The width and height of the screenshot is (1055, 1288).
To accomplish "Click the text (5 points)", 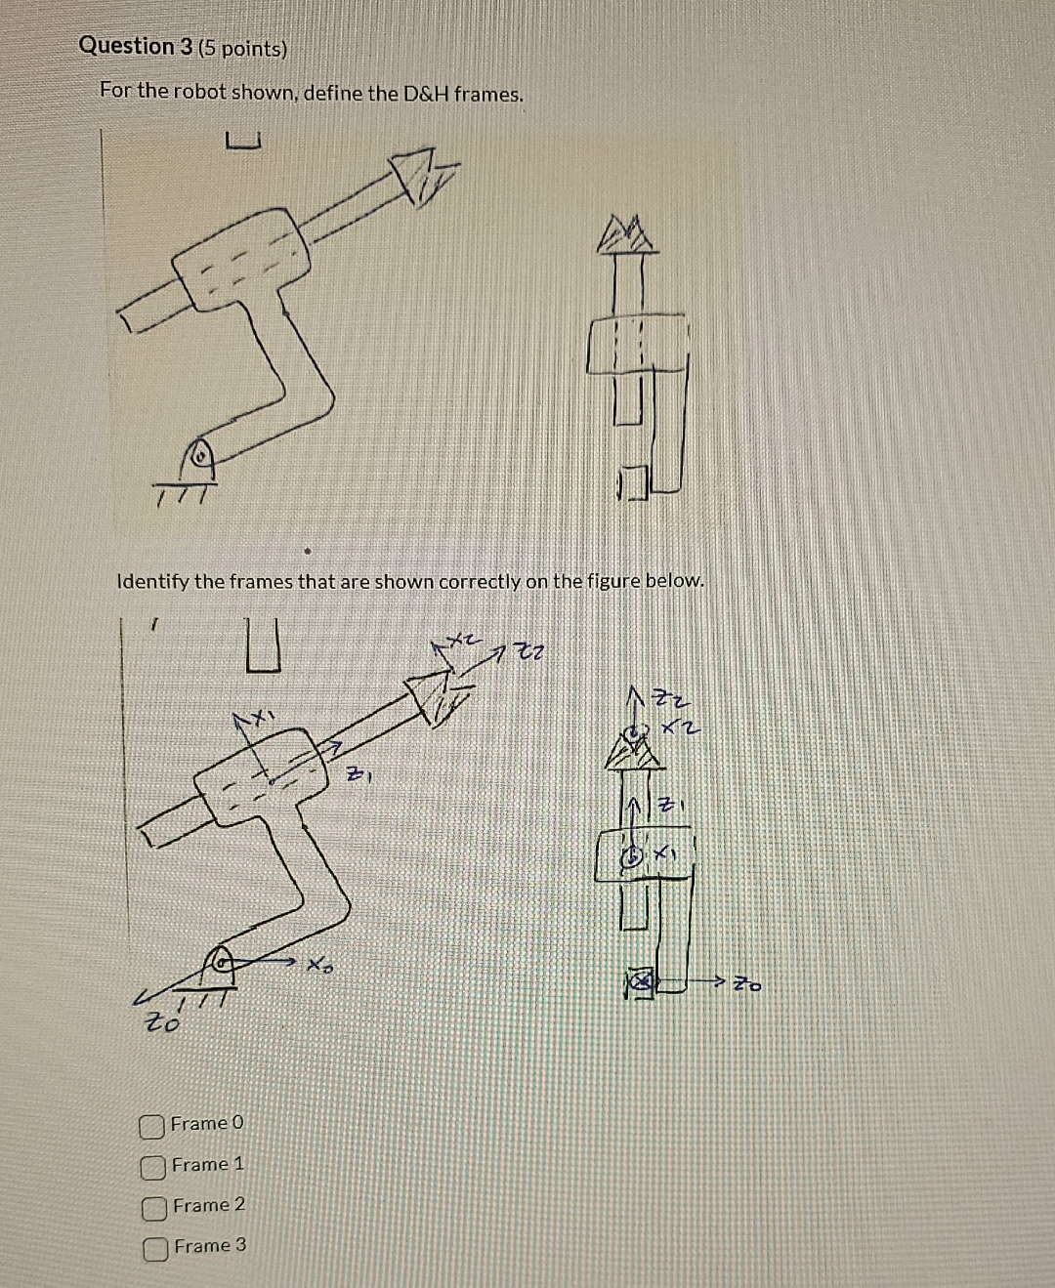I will pyautogui.click(x=243, y=49).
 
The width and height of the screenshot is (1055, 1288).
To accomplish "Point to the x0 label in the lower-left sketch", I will pyautogui.click(x=318, y=966).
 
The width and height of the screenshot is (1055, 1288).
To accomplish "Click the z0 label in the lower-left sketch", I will pyautogui.click(x=162, y=1022).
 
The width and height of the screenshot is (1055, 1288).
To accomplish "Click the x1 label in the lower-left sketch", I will pyautogui.click(x=256, y=718).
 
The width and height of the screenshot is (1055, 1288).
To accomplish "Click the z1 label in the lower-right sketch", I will pyautogui.click(x=668, y=807).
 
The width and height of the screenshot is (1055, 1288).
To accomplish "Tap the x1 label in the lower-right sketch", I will pyautogui.click(x=665, y=853).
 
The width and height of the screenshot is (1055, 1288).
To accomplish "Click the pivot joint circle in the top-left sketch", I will pyautogui.click(x=199, y=454).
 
